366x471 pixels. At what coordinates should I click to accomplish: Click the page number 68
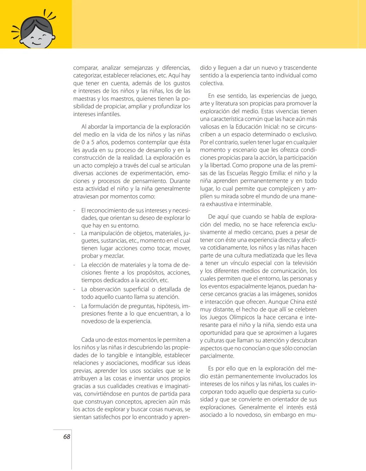[x=66, y=436]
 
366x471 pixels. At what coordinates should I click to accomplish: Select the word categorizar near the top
[x=87, y=75]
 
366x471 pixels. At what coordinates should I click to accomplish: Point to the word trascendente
[x=300, y=68]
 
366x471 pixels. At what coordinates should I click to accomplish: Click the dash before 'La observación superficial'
[x=74, y=289]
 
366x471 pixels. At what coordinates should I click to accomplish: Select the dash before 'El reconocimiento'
[x=74, y=210]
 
